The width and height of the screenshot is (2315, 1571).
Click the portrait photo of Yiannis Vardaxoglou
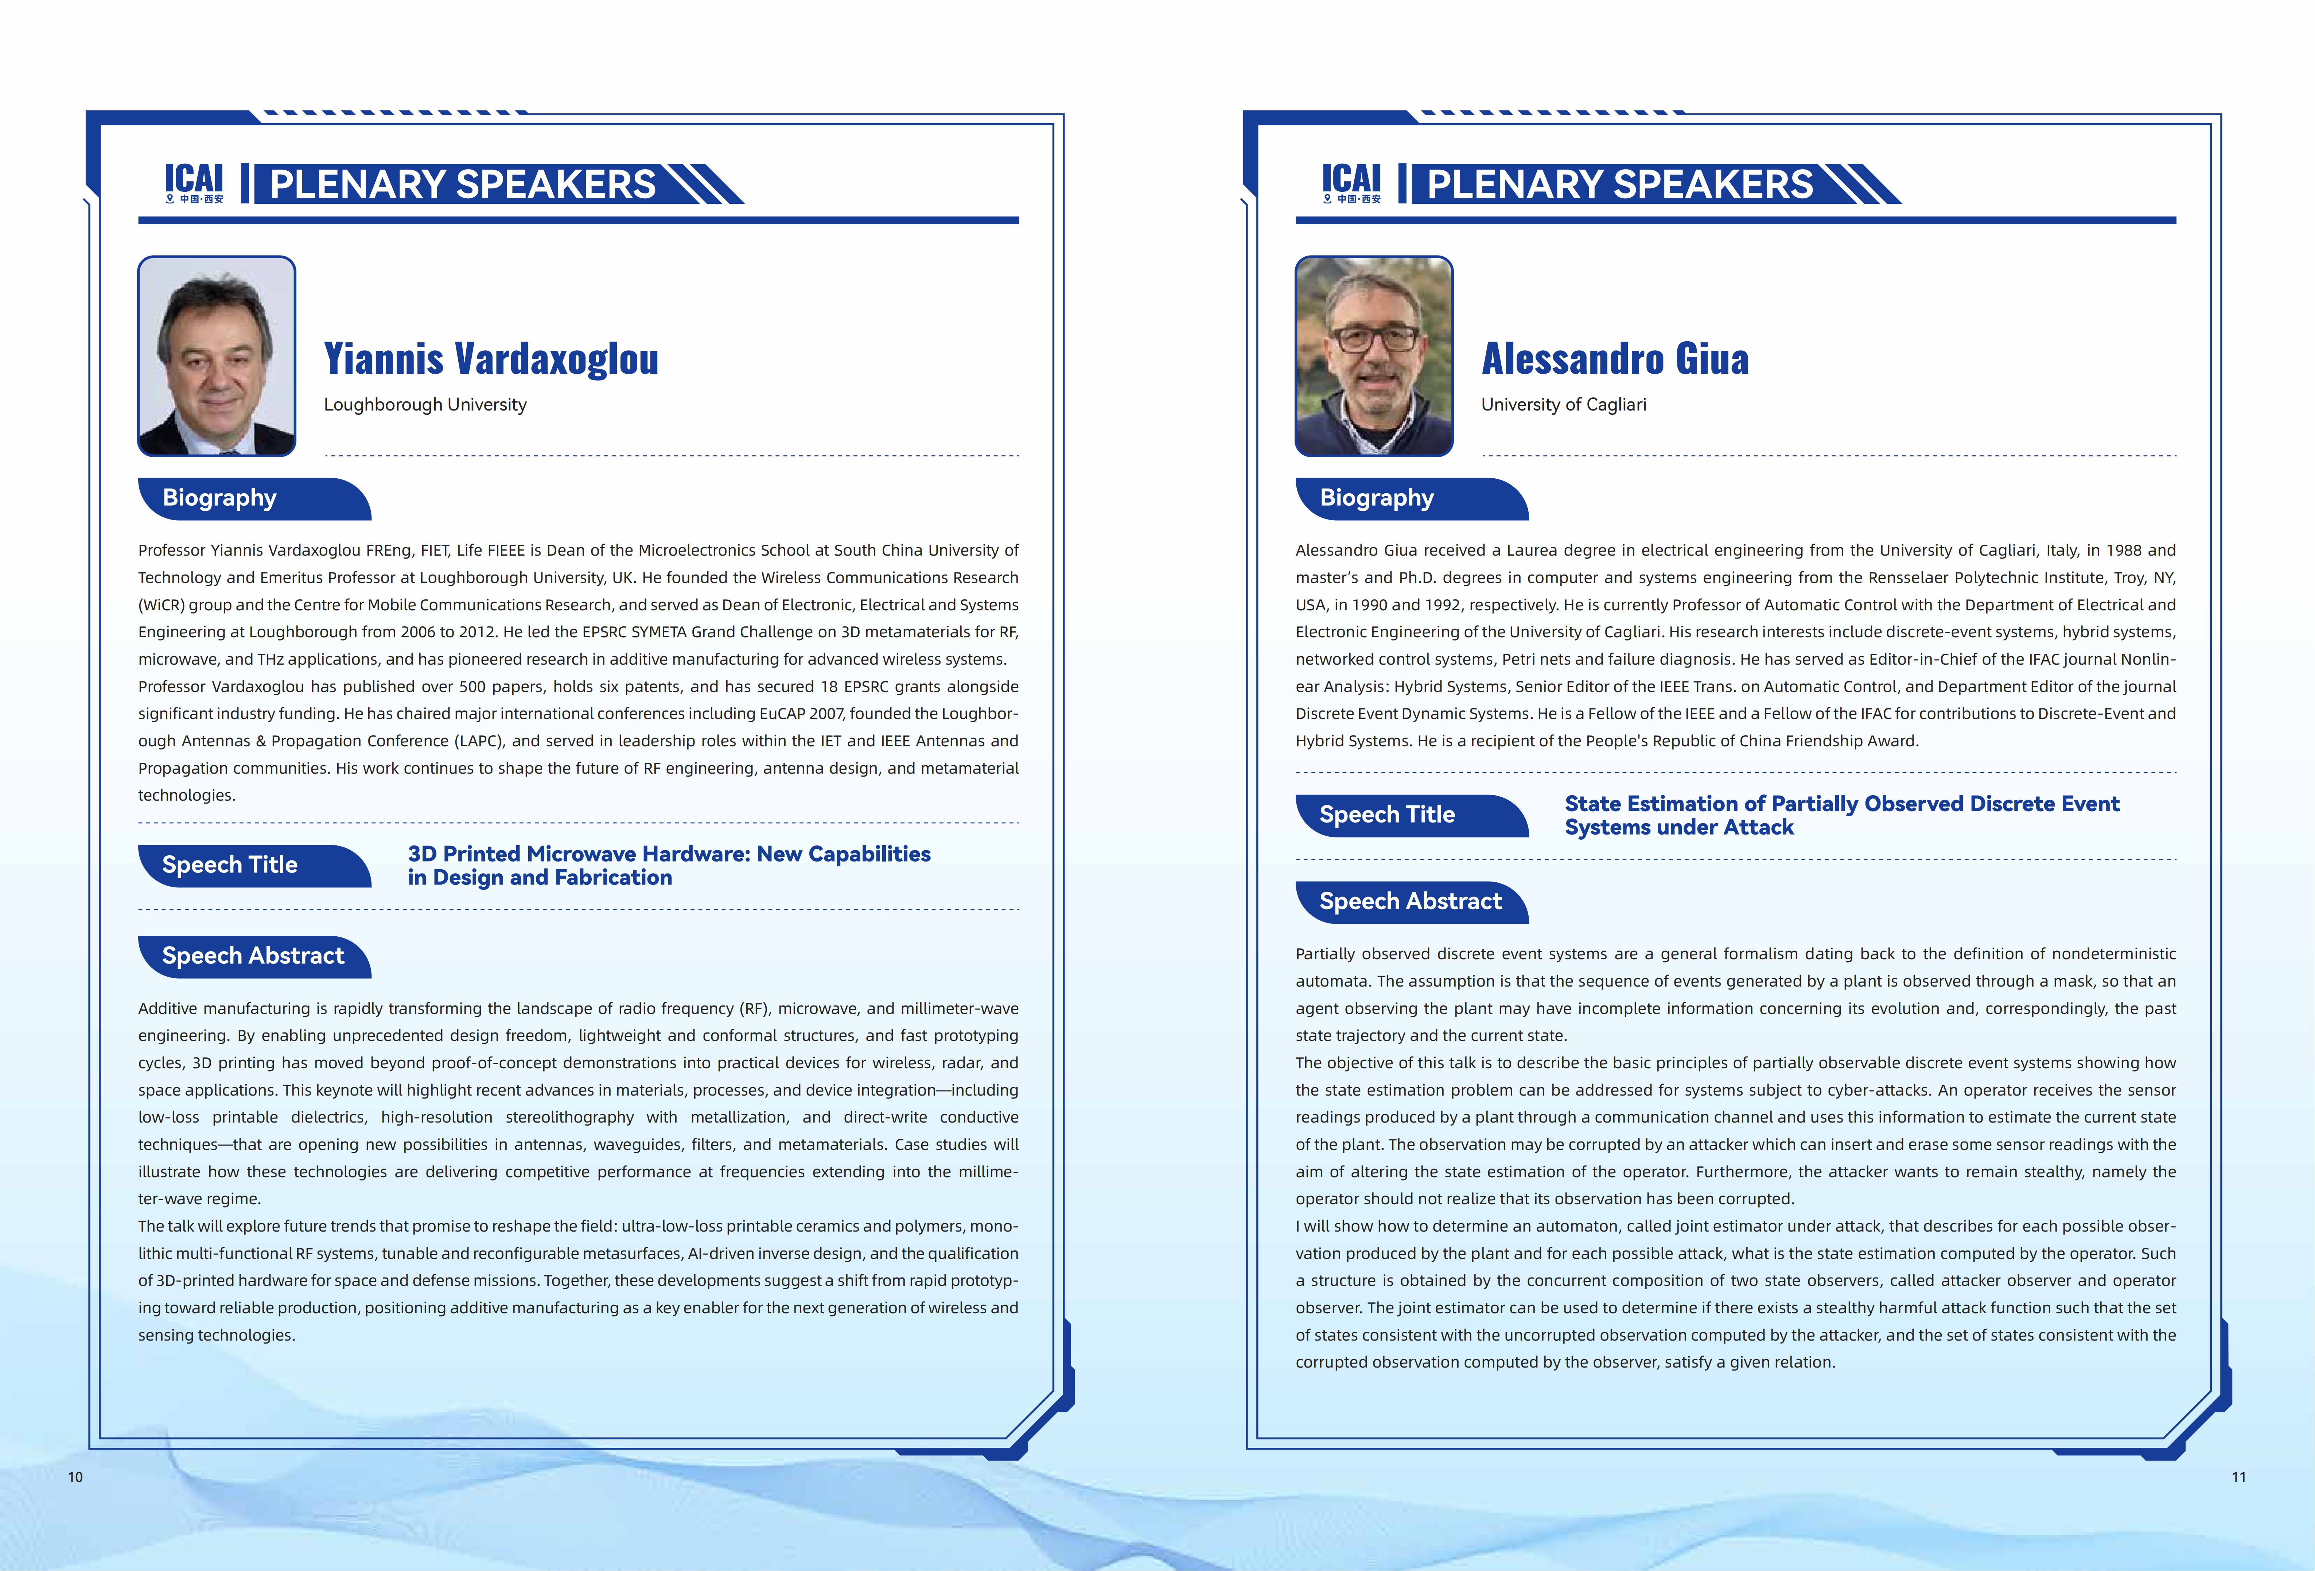pos(216,355)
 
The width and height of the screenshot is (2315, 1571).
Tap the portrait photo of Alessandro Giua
pos(1374,355)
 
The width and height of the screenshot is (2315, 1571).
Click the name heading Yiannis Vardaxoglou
pos(491,359)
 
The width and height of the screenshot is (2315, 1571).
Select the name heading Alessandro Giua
pos(1615,359)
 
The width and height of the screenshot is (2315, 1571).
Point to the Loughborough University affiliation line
pos(425,404)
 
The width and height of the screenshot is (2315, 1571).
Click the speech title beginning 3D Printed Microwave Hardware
pos(668,866)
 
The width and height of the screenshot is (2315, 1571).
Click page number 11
pos(2238,1476)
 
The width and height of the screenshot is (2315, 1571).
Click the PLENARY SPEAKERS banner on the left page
pos(463,184)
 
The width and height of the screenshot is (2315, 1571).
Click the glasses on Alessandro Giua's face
pos(1376,339)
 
